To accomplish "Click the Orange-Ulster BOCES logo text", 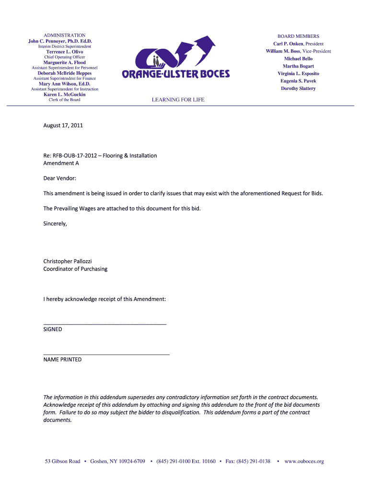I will click(x=176, y=74).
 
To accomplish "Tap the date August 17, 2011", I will click(x=63, y=125).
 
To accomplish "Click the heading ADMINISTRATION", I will click(x=65, y=35).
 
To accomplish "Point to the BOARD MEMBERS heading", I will click(x=298, y=36).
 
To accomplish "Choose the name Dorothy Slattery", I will click(x=298, y=89).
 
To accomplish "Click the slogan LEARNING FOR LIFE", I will click(x=178, y=100).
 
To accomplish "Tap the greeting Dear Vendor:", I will click(x=60, y=178).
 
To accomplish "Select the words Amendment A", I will click(x=61, y=163).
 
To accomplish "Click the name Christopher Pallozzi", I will click(x=68, y=261).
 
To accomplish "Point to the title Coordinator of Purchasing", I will click(x=75, y=269).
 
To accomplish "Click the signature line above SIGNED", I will click(x=105, y=324).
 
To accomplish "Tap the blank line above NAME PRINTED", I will click(x=106, y=354).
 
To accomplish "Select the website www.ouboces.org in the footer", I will click(x=304, y=461).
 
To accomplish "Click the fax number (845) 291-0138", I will click(x=254, y=461).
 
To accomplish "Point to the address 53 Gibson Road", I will click(x=62, y=461).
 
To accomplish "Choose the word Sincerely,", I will click(x=55, y=223).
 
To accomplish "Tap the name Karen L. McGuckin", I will click(x=65, y=94).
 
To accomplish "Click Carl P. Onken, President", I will click(x=298, y=44).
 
